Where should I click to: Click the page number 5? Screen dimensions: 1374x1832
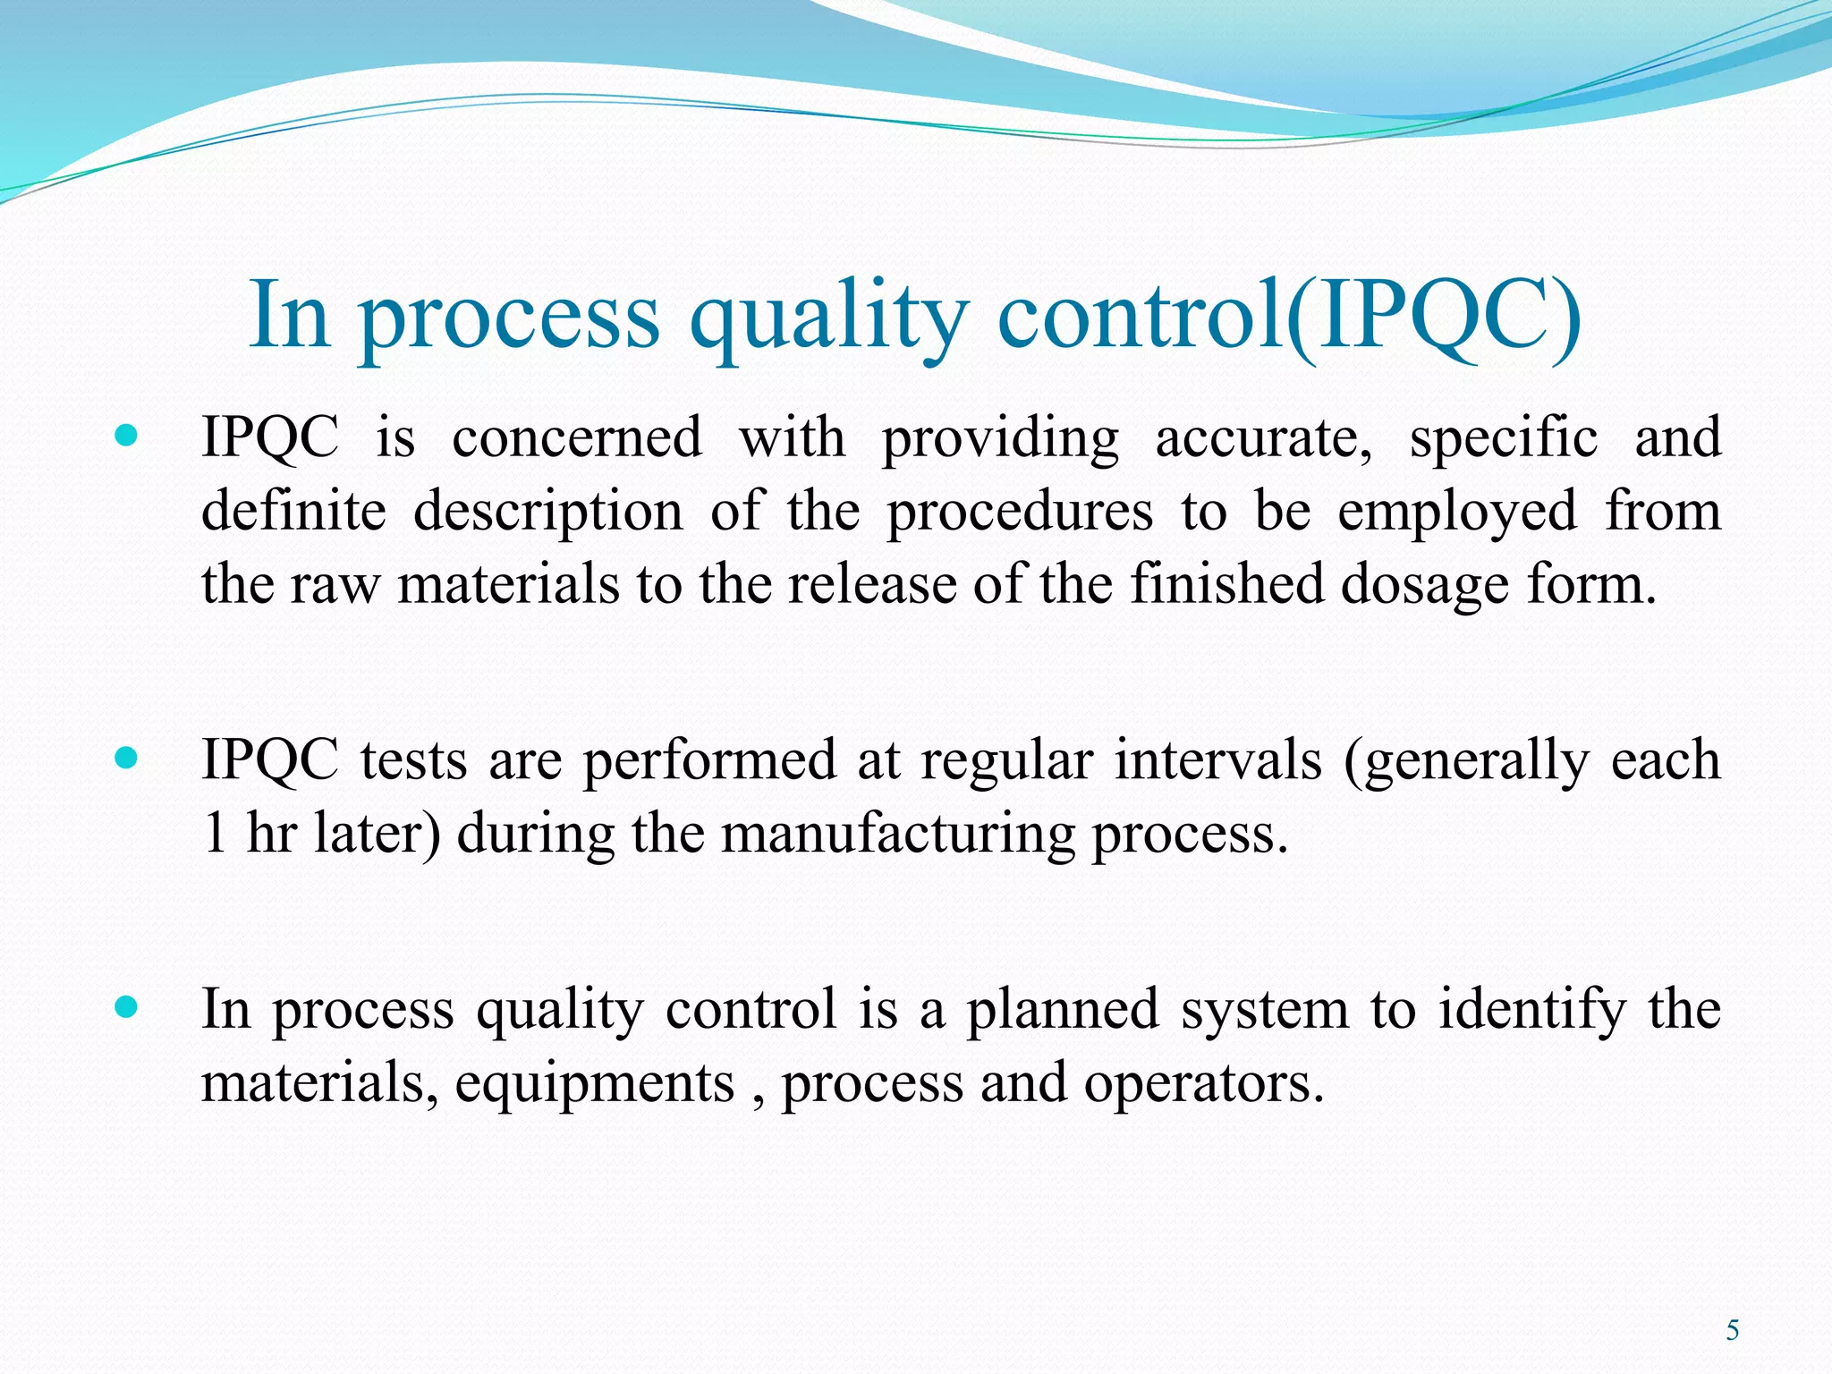click(1733, 1331)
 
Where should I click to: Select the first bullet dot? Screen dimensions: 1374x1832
click(127, 437)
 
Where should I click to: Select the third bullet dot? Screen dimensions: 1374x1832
click(127, 1008)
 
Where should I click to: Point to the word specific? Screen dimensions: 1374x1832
click(1503, 438)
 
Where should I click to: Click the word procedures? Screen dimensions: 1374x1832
click(1020, 512)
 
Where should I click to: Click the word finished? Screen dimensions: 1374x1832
click(1226, 585)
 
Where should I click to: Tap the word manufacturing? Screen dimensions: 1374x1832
click(897, 834)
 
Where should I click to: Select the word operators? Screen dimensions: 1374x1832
click(1203, 1084)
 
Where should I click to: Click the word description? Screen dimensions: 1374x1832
click(547, 512)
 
